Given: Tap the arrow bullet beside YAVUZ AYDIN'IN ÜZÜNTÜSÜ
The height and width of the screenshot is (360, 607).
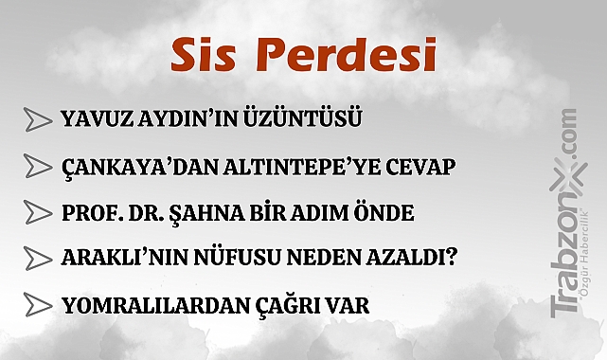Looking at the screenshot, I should pyautogui.click(x=39, y=119).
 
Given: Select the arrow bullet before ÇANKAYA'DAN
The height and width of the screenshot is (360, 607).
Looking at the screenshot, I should pyautogui.click(x=39, y=166).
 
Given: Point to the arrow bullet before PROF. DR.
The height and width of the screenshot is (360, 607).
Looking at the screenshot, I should pyautogui.click(x=39, y=211).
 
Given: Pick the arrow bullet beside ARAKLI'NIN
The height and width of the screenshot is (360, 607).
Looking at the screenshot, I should pyautogui.click(x=39, y=257).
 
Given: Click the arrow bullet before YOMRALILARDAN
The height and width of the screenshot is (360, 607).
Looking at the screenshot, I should pyautogui.click(x=39, y=305).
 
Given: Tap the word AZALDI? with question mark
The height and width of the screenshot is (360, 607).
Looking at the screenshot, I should pyautogui.click(x=421, y=258).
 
